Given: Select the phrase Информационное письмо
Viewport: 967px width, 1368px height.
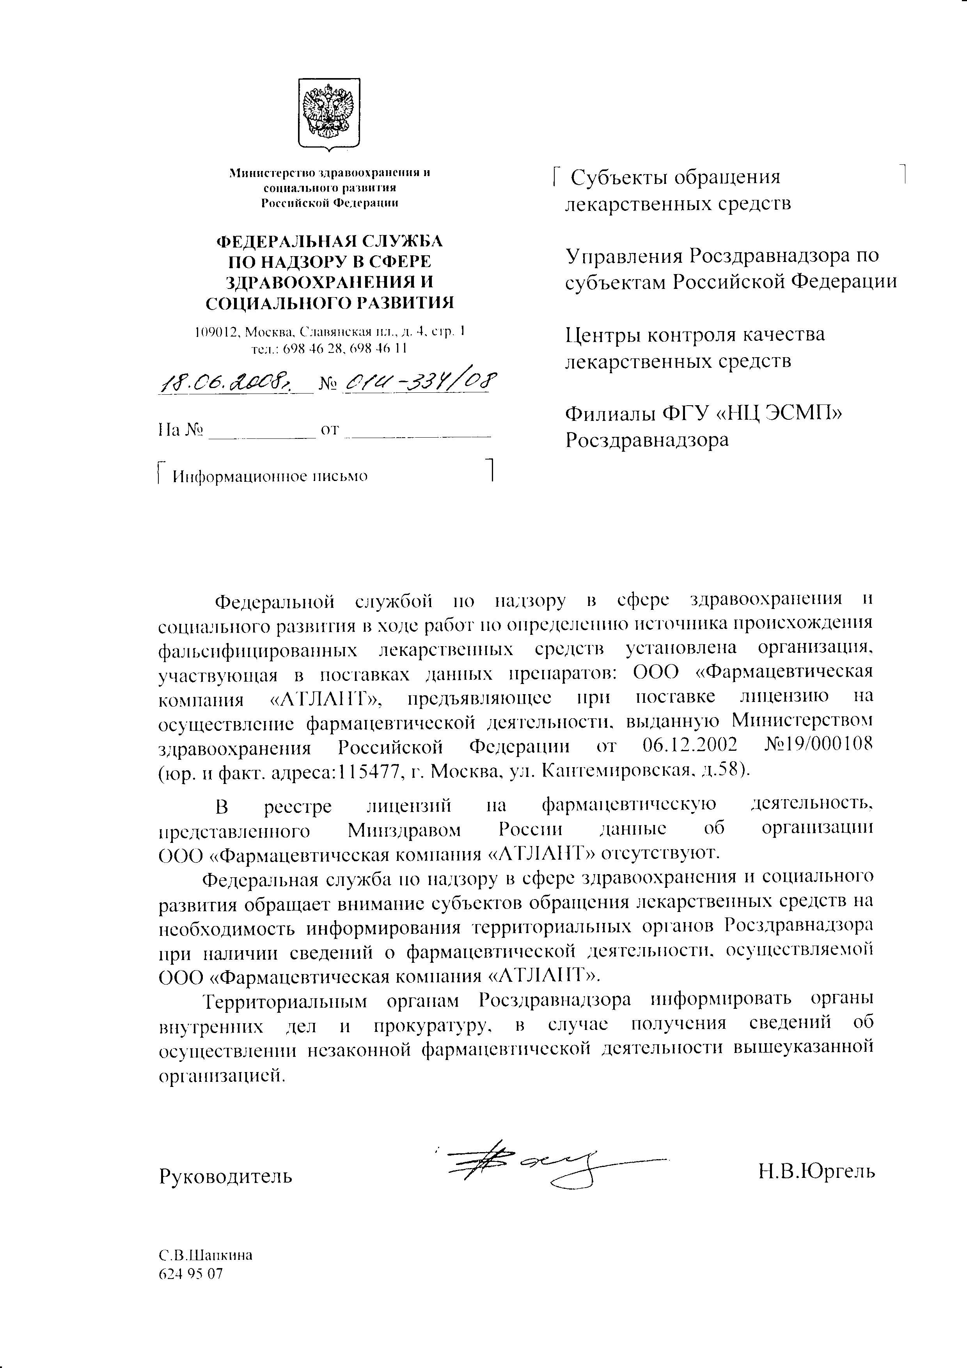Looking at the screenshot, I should [x=270, y=476].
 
